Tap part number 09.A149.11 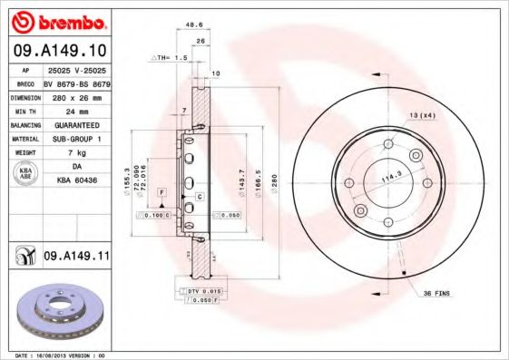pos(75,257)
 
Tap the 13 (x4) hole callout pos(422,117)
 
